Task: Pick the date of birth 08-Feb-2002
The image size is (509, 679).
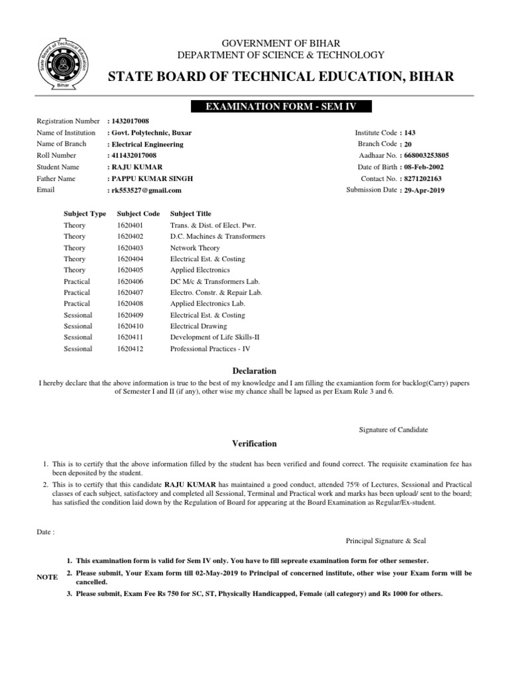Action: coord(425,167)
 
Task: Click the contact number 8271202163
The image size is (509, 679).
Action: coord(425,179)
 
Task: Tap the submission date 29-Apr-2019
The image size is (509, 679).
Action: coord(425,190)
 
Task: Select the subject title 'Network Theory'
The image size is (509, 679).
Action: coord(195,248)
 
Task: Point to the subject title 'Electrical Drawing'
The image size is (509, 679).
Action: coord(198,326)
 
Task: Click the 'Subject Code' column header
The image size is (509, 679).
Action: coord(138,214)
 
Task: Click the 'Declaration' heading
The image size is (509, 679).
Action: coord(254,371)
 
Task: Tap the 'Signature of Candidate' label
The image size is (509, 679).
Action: coord(394,430)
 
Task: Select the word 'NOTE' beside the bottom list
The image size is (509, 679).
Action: coord(47,578)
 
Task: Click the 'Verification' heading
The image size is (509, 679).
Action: coord(254,444)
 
